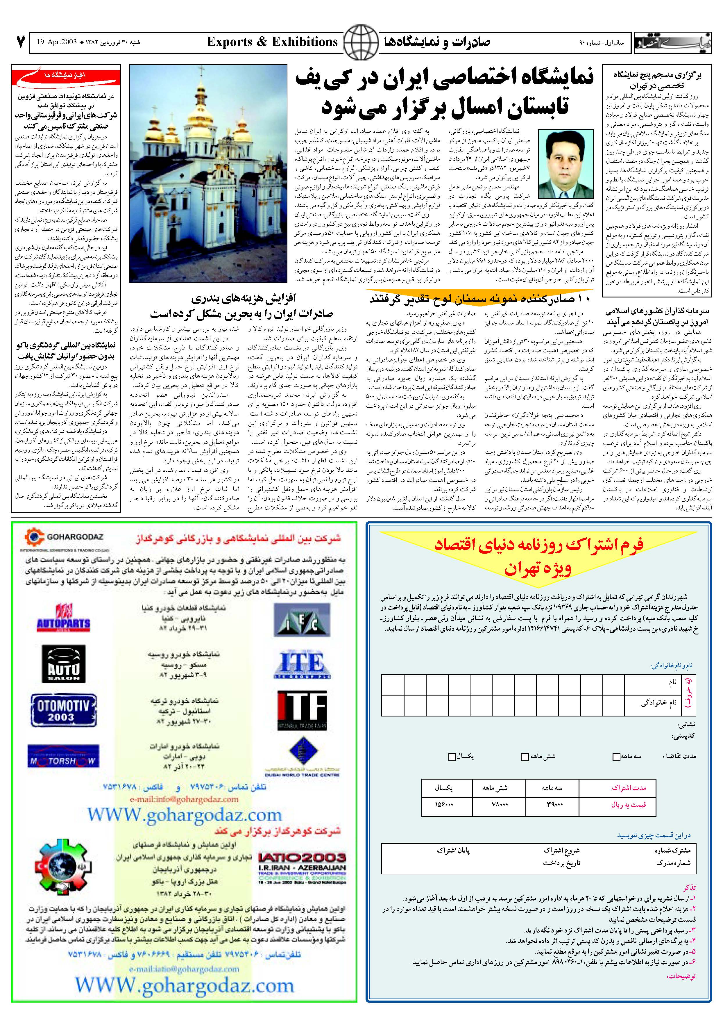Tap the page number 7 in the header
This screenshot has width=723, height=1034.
tap(19, 42)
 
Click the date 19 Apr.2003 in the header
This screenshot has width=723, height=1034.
tap(57, 43)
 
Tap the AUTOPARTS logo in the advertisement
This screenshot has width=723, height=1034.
tap(63, 619)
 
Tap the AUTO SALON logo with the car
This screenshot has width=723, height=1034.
tap(63, 664)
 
